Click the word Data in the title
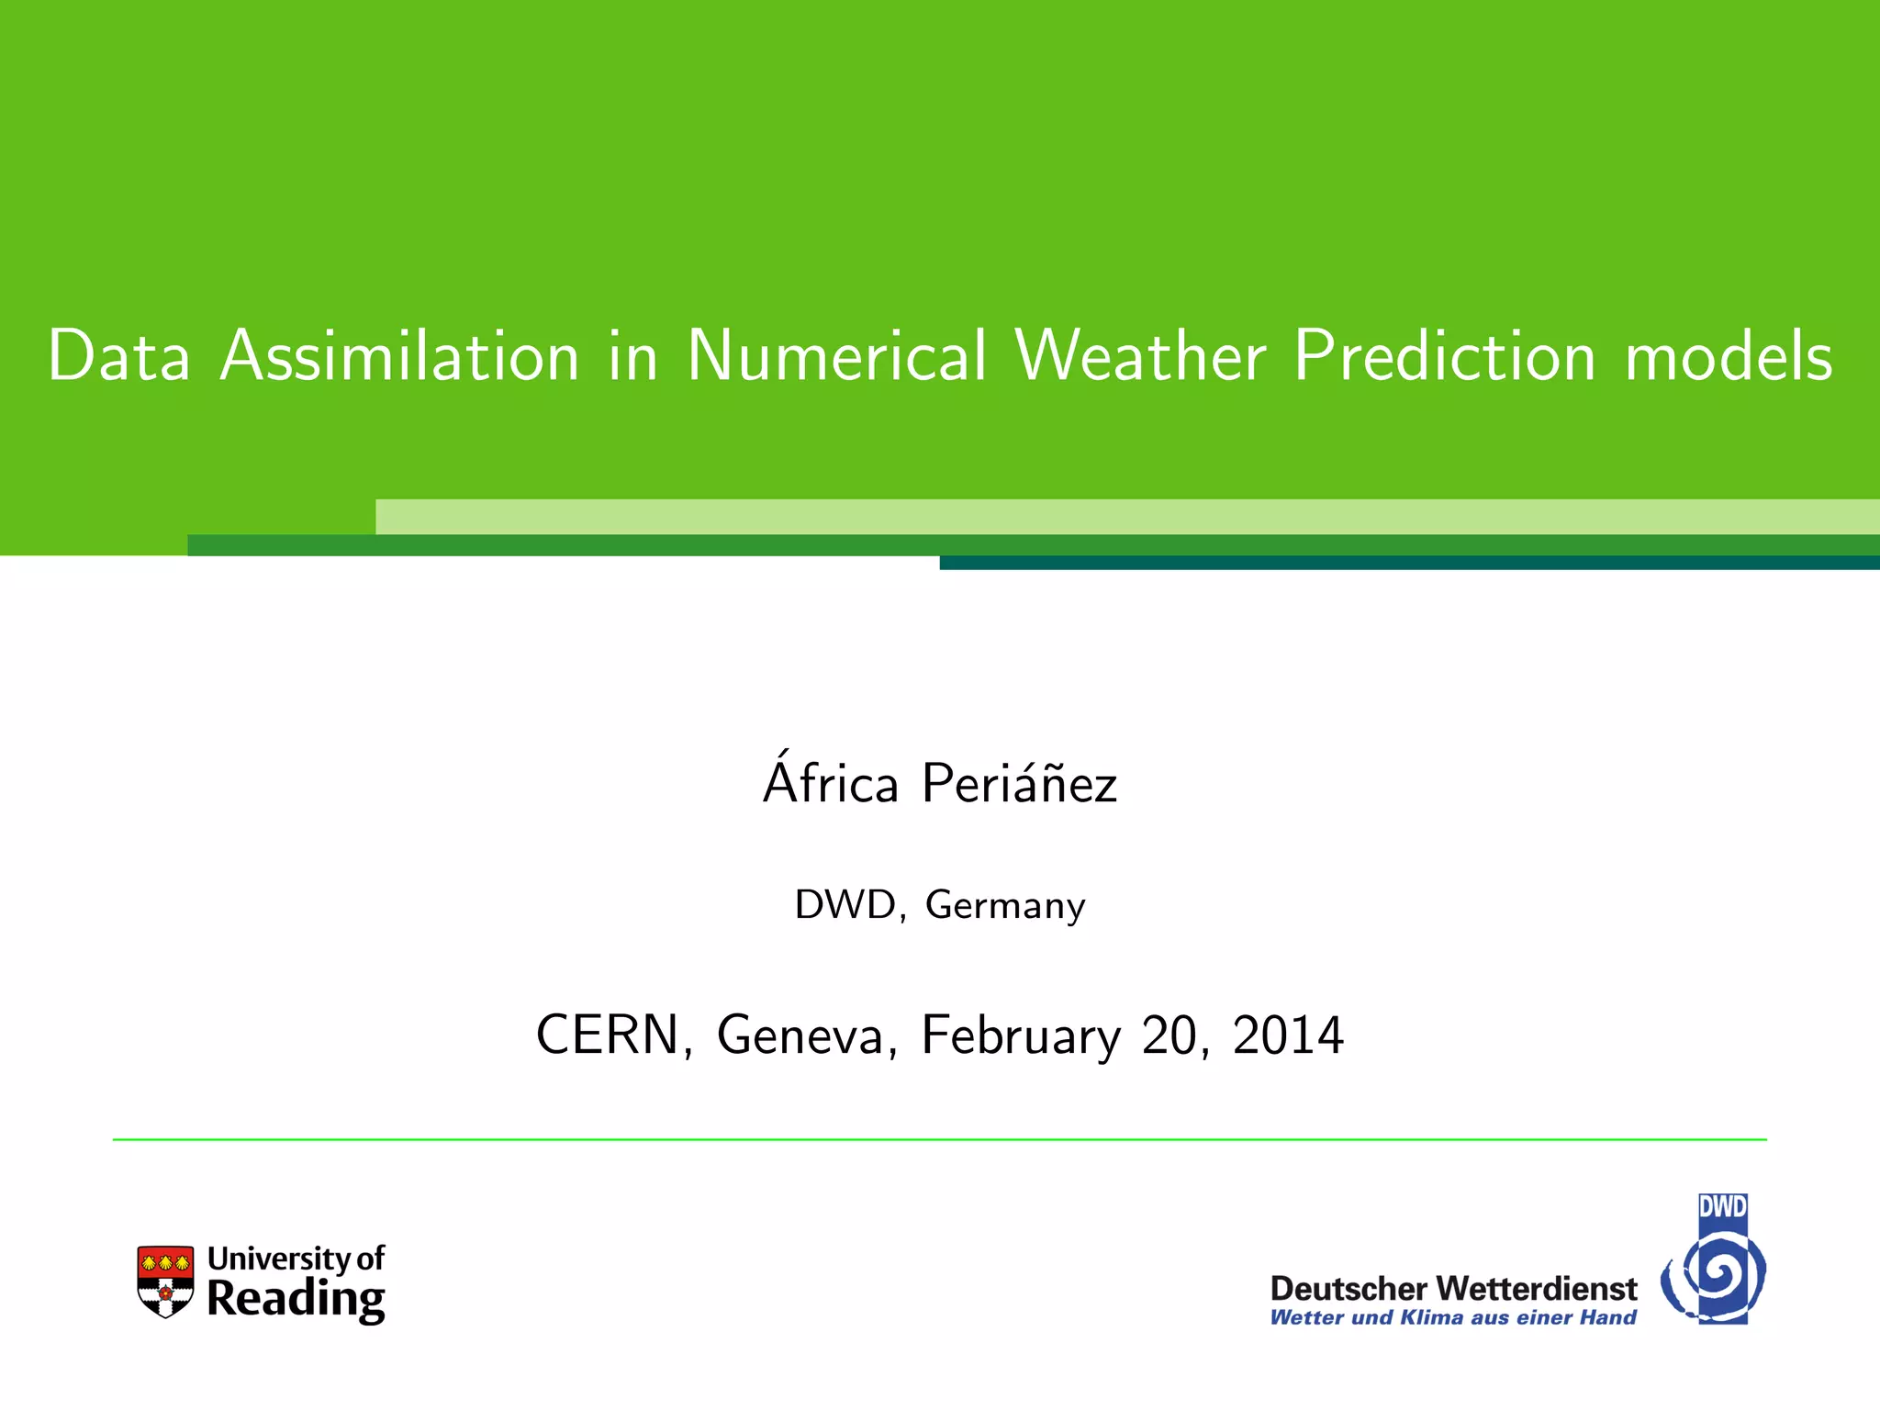(119, 356)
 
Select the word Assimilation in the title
(400, 356)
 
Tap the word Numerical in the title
(836, 356)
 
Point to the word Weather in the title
(1140, 356)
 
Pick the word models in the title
(1729, 356)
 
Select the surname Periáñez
(1019, 785)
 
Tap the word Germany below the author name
(1005, 906)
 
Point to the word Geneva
(800, 1035)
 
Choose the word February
(1021, 1037)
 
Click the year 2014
(1288, 1035)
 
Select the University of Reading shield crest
(165, 1281)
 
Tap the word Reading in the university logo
(296, 1301)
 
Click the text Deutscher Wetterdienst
(1453, 1289)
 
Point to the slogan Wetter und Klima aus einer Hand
(1453, 1318)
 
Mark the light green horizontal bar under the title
(1127, 517)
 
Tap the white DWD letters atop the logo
(1722, 1206)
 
